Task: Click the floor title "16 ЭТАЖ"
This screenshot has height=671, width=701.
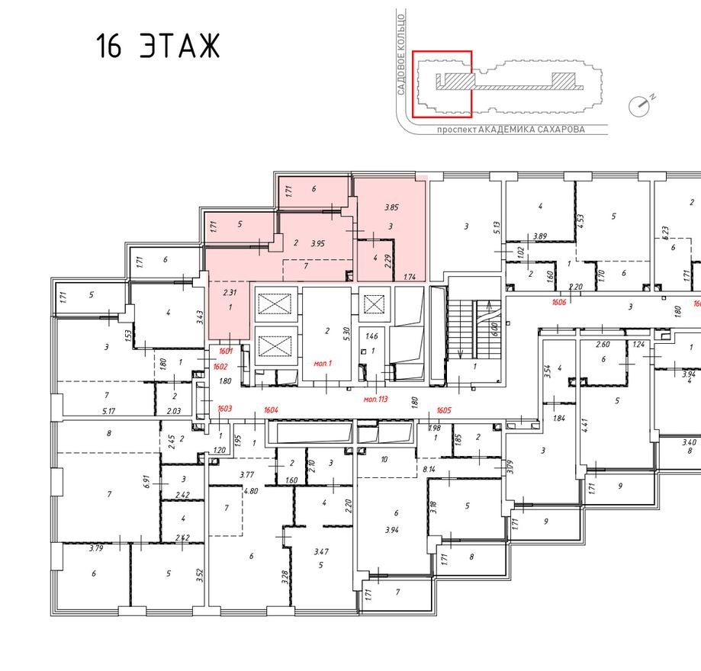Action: click(158, 47)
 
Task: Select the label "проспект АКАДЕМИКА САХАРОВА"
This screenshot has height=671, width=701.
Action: click(510, 130)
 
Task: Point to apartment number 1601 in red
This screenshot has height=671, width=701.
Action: click(224, 352)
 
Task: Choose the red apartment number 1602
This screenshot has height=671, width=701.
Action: click(220, 367)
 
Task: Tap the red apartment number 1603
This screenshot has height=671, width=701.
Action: click(224, 409)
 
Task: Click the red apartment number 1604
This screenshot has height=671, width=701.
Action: click(270, 409)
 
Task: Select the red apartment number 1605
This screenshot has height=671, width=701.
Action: click(445, 409)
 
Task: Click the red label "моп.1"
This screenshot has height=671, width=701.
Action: click(323, 364)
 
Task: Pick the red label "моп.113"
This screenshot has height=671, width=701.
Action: click(375, 398)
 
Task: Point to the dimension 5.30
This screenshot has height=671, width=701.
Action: click(346, 332)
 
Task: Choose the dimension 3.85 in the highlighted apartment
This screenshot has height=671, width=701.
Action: click(391, 207)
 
